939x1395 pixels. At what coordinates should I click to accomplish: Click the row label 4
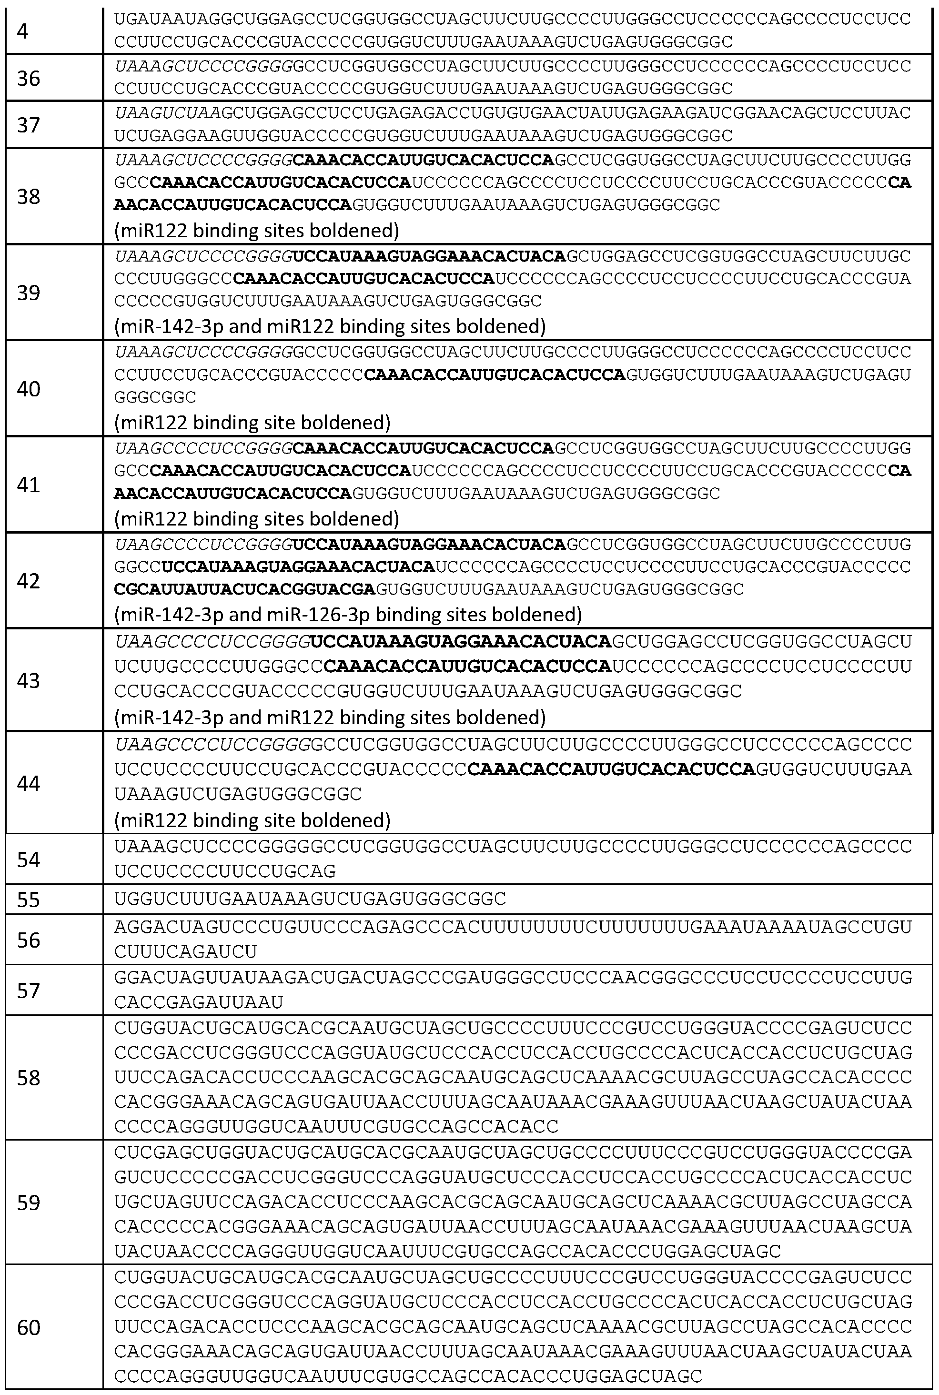pos(23,31)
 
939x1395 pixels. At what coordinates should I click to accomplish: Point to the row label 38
pos(28,196)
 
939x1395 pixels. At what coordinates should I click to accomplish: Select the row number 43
pos(28,681)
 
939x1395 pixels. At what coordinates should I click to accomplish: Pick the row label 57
pos(28,991)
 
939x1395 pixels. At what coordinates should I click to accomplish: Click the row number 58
pos(28,1078)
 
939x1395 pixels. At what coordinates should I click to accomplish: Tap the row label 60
pos(28,1328)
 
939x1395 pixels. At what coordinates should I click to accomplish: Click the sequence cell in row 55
pos(310,899)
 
